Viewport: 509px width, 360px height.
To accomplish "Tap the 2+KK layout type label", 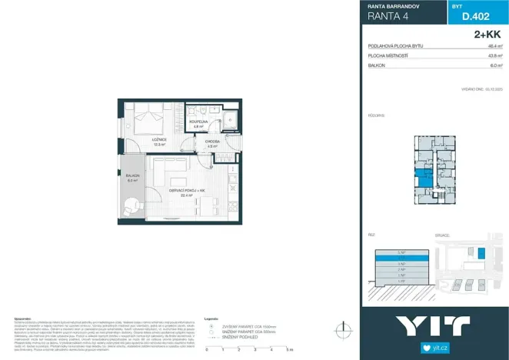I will pyautogui.click(x=487, y=35).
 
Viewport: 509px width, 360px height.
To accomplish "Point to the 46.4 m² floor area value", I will pyautogui.click(x=494, y=46).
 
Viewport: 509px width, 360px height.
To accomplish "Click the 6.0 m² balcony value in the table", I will pyautogui.click(x=495, y=65).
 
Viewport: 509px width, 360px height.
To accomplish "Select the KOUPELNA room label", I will pyautogui.click(x=198, y=122).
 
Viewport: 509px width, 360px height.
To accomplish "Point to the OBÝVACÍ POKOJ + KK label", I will pyautogui.click(x=186, y=191).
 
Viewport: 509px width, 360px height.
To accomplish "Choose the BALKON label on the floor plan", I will pyautogui.click(x=132, y=177).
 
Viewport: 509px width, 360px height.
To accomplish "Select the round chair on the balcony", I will pyautogui.click(x=132, y=205).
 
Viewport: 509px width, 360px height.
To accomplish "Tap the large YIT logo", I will pyautogui.click(x=434, y=326).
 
